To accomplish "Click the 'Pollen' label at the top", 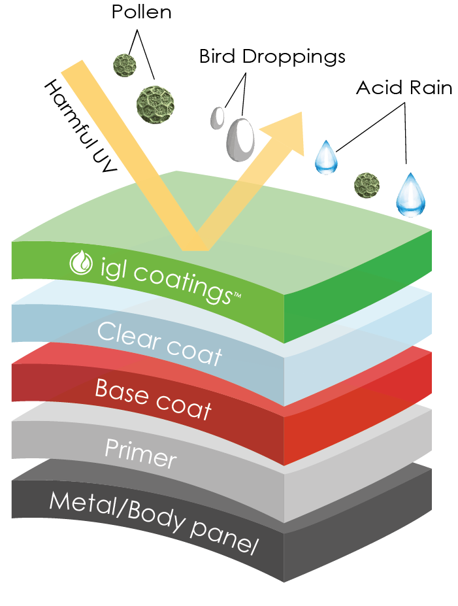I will (x=141, y=12).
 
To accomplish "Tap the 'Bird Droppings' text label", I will (x=271, y=57).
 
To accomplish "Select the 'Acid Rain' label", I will (x=404, y=88).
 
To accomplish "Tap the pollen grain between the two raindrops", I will (x=367, y=185).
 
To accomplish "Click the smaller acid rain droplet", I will (x=325, y=158).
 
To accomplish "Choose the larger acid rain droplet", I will (x=410, y=195).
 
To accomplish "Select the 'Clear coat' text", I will (x=159, y=344).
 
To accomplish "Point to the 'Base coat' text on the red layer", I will (x=153, y=397).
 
